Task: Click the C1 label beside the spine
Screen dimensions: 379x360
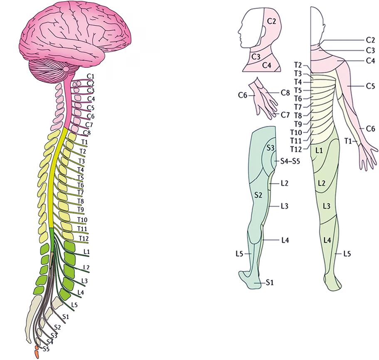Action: tap(91, 76)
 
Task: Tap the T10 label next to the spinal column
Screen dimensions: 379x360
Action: tap(82, 219)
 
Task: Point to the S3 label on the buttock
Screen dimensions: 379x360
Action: tap(271, 148)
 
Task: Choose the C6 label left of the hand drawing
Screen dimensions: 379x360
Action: tap(243, 95)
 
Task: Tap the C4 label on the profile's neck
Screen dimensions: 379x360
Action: tap(267, 65)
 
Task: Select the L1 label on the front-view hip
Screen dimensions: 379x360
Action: tap(320, 150)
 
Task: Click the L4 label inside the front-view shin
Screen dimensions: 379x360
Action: tap(327, 239)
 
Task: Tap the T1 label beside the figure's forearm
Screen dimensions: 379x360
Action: tap(349, 142)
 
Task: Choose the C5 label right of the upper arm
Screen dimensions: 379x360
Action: tap(370, 86)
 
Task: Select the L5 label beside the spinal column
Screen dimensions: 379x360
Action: tap(74, 305)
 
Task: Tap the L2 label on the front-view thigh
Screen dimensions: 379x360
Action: tap(321, 183)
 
